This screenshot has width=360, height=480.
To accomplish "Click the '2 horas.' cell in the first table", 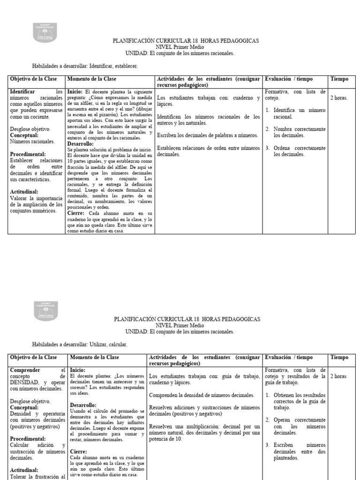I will (x=338, y=98).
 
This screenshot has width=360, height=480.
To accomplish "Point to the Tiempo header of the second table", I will (x=339, y=357).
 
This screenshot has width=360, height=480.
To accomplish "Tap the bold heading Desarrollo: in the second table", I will (x=83, y=405).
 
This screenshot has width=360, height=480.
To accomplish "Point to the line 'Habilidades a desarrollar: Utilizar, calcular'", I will (x=79, y=345).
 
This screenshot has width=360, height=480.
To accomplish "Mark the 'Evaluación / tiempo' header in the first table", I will (x=289, y=79).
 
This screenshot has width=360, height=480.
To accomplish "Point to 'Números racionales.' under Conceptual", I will (x=32, y=141).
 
